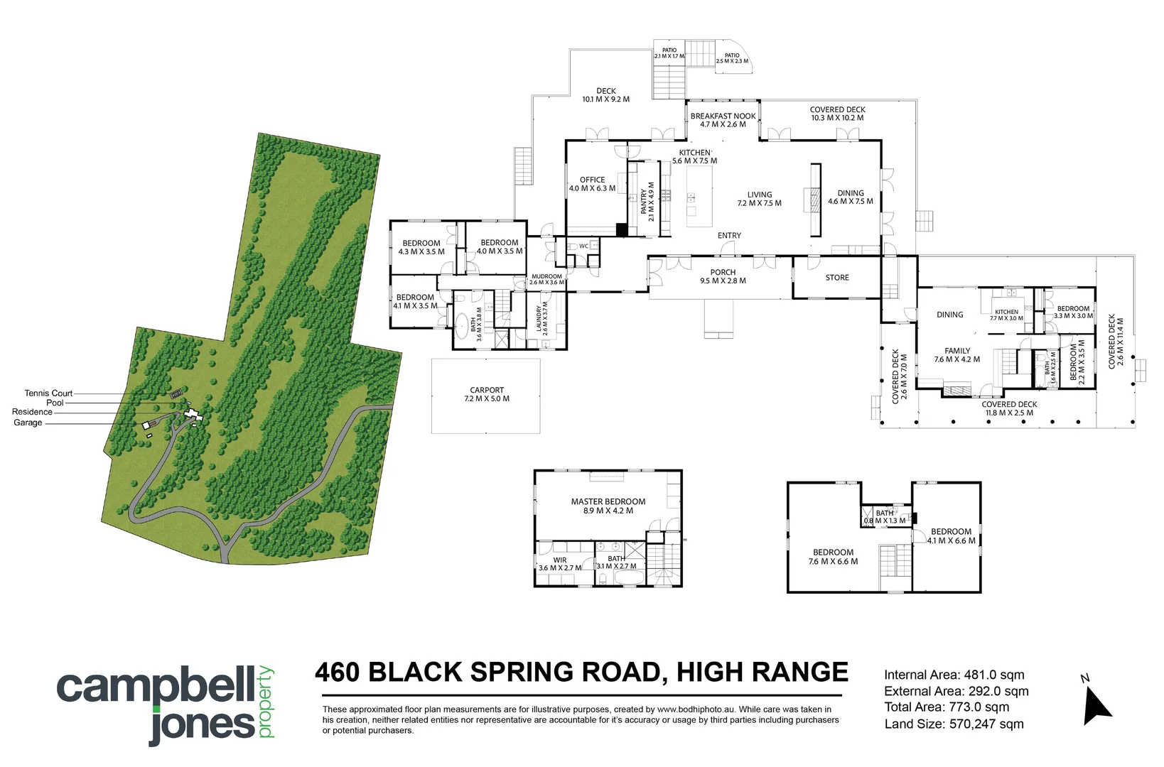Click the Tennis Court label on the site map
48,393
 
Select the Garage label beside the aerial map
28,423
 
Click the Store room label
837,278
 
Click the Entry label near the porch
729,235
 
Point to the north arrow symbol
1096,705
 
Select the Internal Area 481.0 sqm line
954,675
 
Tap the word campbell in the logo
155,687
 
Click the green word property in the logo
266,702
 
